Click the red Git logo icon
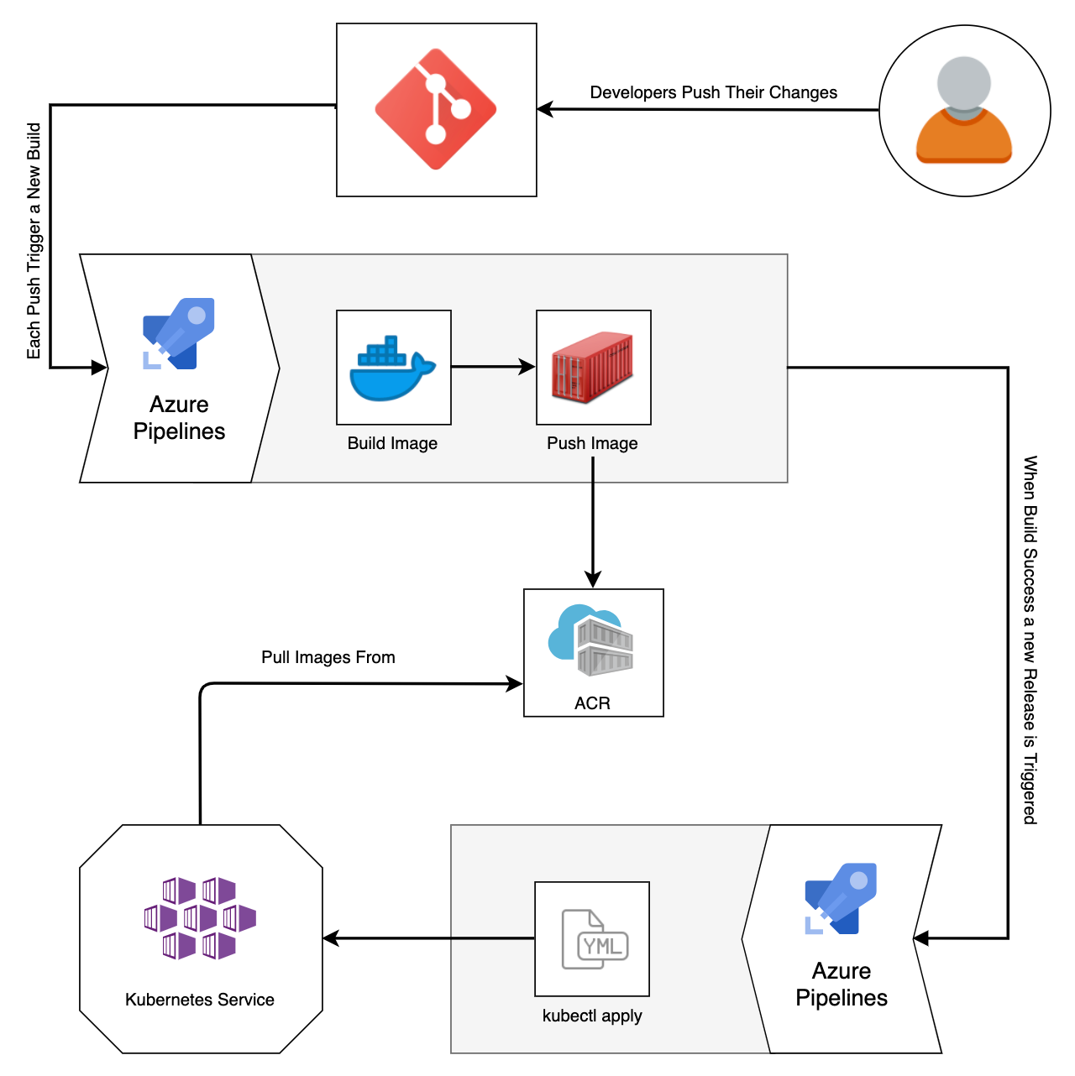pyautogui.click(x=436, y=109)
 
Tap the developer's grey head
pyautogui.click(x=963, y=83)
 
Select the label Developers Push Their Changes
pyautogui.click(x=713, y=92)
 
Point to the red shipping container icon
pyautogui.click(x=593, y=368)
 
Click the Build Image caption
pyautogui.click(x=392, y=443)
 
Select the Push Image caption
pyautogui.click(x=592, y=443)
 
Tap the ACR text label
pyautogui.click(x=592, y=703)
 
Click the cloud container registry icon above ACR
pyautogui.click(x=591, y=640)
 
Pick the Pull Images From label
pyautogui.click(x=328, y=657)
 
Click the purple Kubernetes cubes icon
pyautogui.click(x=200, y=918)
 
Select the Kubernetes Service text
pyautogui.click(x=200, y=1000)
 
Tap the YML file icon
pyautogui.click(x=593, y=939)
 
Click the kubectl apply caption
pyautogui.click(x=592, y=1016)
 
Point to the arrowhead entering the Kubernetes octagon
pyautogui.click(x=331, y=938)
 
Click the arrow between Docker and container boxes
pyautogui.click(x=493, y=367)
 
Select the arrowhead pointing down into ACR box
pyautogui.click(x=593, y=580)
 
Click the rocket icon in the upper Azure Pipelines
pyautogui.click(x=179, y=333)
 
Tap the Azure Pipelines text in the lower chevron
pyautogui.click(x=842, y=984)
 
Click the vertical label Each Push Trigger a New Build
pyautogui.click(x=34, y=241)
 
